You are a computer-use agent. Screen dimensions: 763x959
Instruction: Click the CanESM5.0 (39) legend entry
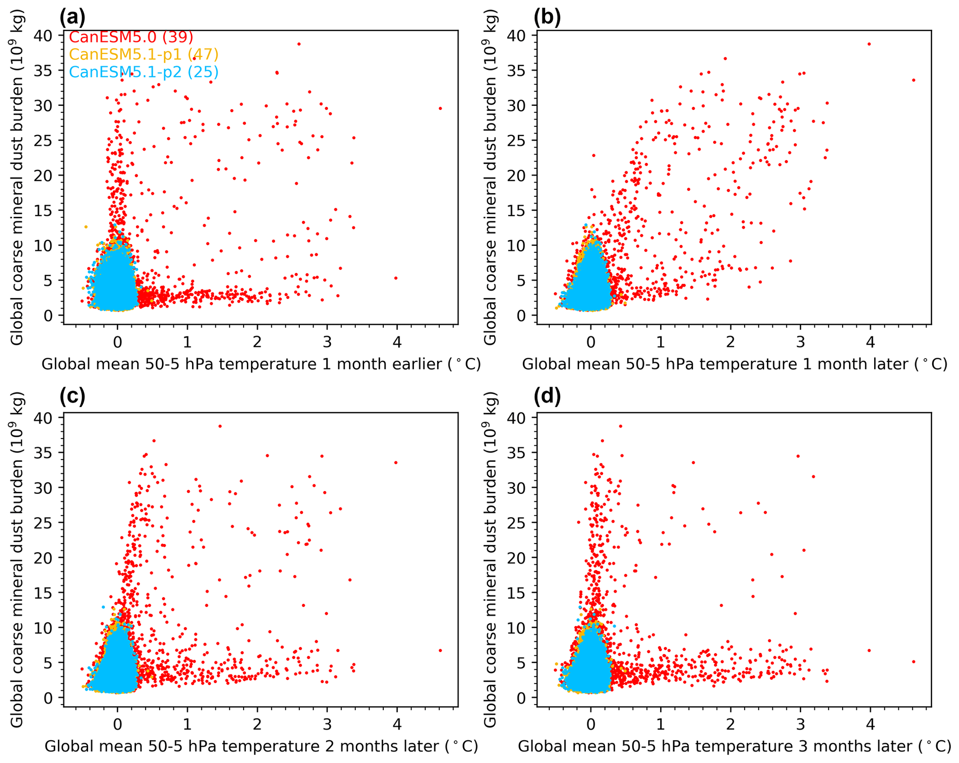tap(131, 37)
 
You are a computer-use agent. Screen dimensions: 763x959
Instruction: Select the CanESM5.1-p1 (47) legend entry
tap(143, 55)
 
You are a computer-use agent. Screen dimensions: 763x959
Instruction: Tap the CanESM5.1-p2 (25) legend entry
tap(143, 72)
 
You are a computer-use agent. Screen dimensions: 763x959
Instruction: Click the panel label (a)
tap(72, 17)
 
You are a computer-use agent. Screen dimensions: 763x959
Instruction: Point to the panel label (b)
tap(547, 17)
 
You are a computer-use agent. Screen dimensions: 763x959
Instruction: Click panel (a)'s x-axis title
tap(261, 364)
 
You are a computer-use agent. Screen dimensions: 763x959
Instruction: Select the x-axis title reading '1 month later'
tap(734, 364)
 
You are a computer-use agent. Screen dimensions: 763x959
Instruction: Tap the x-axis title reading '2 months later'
tap(261, 746)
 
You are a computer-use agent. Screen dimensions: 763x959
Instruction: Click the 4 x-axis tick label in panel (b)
tap(870, 342)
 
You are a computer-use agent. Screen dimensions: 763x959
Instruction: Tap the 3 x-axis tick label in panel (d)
tap(800, 724)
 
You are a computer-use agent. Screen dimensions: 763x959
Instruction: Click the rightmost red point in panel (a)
tap(440, 109)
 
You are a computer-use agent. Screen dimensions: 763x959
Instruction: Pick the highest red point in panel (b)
tap(869, 44)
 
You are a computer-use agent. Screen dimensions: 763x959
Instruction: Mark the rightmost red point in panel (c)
tap(440, 651)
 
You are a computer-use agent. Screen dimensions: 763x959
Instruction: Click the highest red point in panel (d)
tap(620, 426)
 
